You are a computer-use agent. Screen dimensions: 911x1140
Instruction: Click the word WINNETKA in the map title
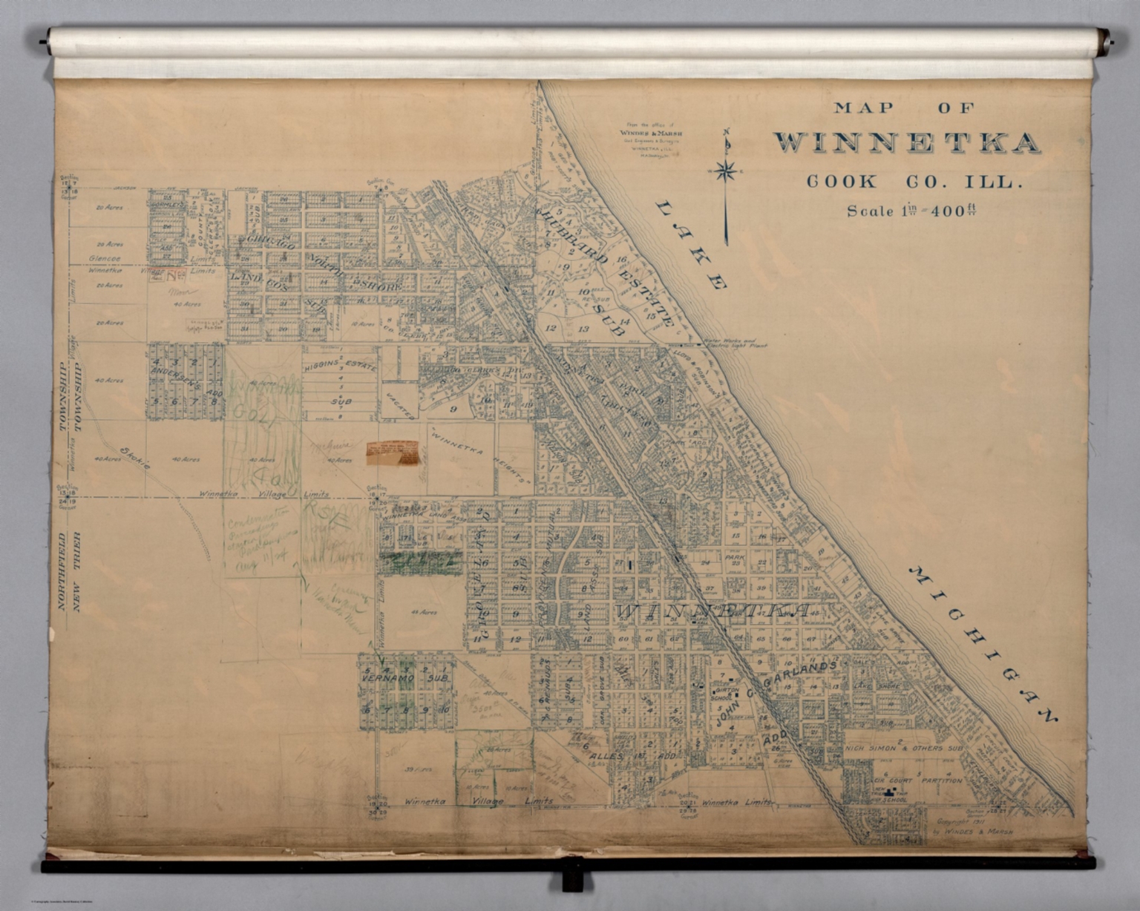point(906,143)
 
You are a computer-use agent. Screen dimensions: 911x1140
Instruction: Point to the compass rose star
point(727,171)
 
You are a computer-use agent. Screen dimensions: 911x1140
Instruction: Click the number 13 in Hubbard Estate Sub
point(583,328)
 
